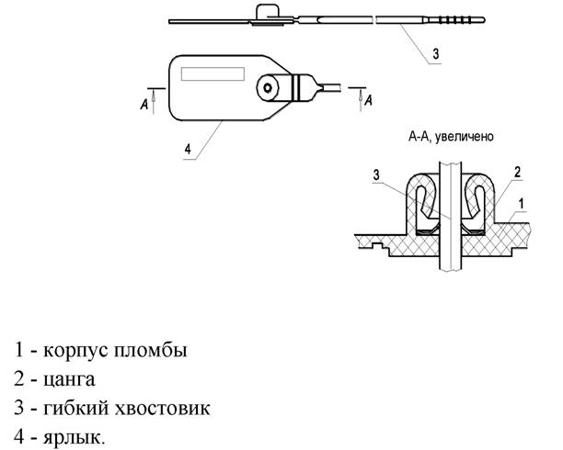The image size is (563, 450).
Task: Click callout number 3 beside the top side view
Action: pos(435,54)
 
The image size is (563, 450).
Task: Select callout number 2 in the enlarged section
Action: pos(519,172)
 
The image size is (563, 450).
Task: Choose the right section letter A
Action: pos(369,101)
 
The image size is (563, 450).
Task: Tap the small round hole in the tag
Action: pos(268,87)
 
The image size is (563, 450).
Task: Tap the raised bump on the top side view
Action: pos(266,12)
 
